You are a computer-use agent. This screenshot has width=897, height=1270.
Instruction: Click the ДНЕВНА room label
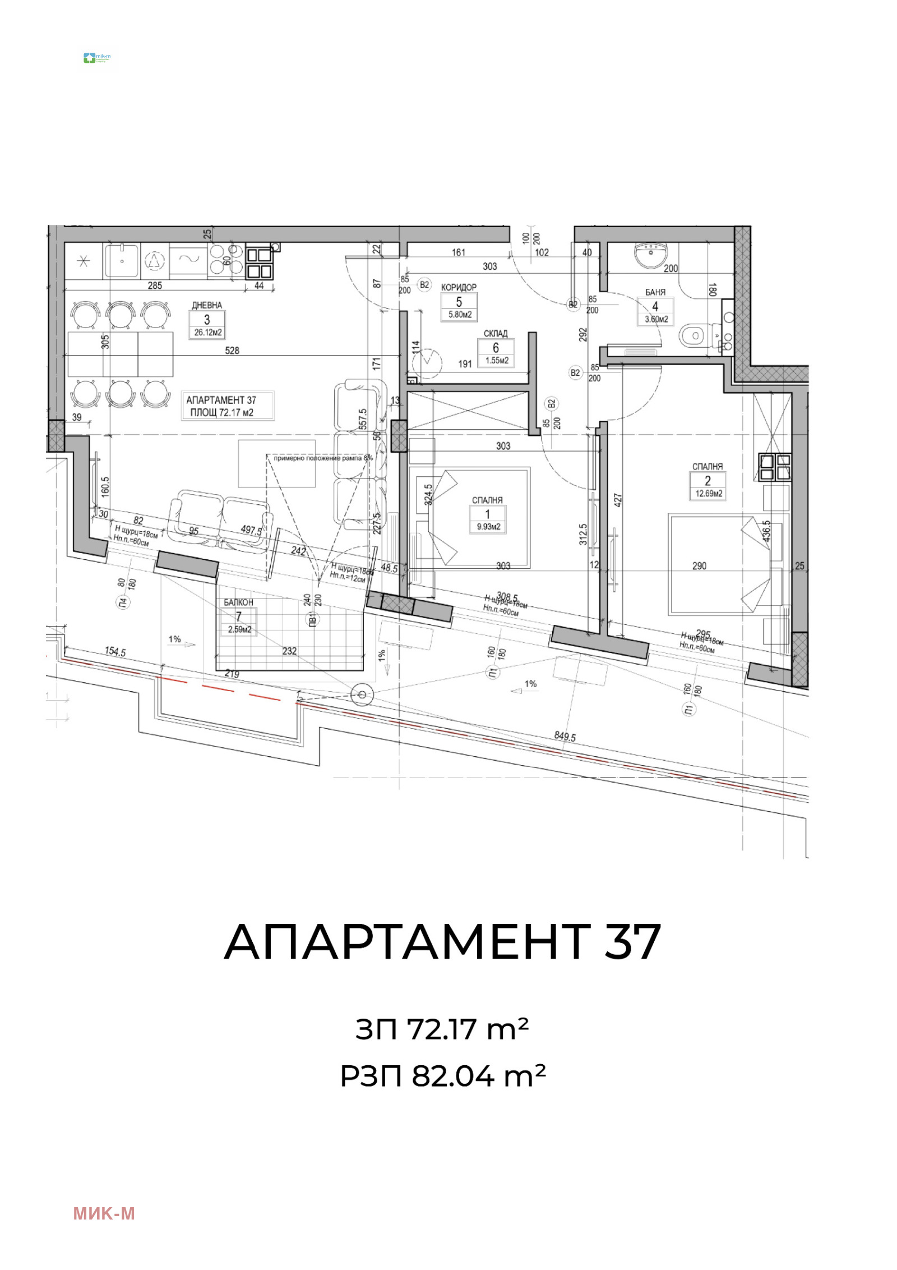[207, 305]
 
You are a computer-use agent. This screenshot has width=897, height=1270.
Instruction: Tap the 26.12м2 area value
[208, 333]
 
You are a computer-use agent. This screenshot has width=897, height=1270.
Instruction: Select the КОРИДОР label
[459, 287]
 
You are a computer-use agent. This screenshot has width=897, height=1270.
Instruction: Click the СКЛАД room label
[496, 333]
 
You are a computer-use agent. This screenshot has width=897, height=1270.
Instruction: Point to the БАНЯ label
[655, 292]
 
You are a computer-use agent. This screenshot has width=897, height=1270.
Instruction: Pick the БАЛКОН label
[239, 602]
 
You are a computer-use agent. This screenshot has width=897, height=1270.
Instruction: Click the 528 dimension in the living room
[232, 351]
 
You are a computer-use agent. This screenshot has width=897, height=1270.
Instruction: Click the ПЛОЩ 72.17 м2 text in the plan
[222, 412]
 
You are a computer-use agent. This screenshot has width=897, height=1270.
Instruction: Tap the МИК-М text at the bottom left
[104, 1213]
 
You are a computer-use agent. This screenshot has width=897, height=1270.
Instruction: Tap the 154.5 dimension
[115, 652]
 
